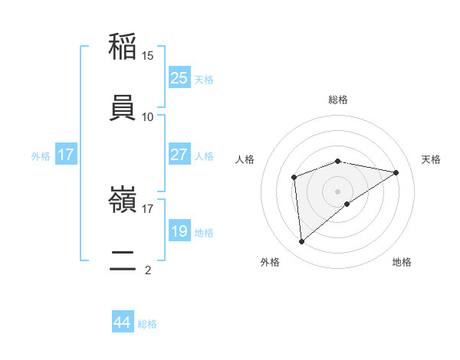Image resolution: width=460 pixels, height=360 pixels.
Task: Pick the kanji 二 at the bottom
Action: pyautogui.click(x=123, y=260)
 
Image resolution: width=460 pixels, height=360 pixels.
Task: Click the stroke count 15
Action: pyautogui.click(x=148, y=56)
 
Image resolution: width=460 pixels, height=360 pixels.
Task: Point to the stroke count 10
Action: pyautogui.click(x=148, y=117)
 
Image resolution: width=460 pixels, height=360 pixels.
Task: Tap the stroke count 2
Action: pyautogui.click(x=148, y=270)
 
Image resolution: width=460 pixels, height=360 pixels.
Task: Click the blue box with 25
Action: pyautogui.click(x=179, y=77)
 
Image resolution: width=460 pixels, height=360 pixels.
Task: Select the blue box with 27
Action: pyautogui.click(x=179, y=155)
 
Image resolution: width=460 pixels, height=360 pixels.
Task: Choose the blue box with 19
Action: pyautogui.click(x=179, y=231)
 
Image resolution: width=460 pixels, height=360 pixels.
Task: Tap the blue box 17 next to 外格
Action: pyautogui.click(x=66, y=155)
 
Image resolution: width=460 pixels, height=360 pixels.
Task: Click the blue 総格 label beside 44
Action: pyautogui.click(x=147, y=324)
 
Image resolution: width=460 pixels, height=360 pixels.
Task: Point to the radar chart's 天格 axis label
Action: pyautogui.click(x=431, y=159)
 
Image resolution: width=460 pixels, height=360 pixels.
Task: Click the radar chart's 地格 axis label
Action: pyautogui.click(x=402, y=262)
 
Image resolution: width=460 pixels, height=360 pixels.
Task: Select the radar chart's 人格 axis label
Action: pyautogui.click(x=245, y=159)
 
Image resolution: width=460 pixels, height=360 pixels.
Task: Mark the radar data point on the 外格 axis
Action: pyautogui.click(x=302, y=242)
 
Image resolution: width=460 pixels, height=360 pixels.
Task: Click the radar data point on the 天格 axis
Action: pyautogui.click(x=396, y=172)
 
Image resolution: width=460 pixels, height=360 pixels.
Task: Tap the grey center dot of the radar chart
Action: pyautogui.click(x=338, y=191)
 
